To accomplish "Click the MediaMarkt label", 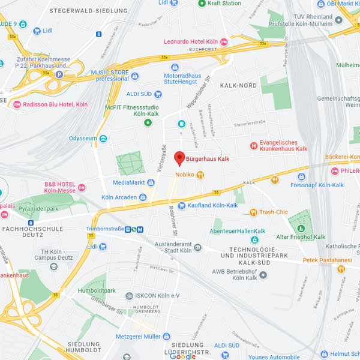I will tap(129, 182).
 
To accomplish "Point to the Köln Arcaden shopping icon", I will tap(143, 197).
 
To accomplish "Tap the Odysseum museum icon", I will tap(103, 139).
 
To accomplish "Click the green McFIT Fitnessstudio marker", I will tap(148, 123).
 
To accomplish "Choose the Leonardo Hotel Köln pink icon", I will tap(224, 41).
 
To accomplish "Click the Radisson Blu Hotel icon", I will tap(16, 104).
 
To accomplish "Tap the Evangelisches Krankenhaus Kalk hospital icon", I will tap(254, 145).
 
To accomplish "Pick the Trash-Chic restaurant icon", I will tap(253, 212).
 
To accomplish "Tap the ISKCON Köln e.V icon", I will tap(128, 296).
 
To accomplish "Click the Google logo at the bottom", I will tap(182, 356).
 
